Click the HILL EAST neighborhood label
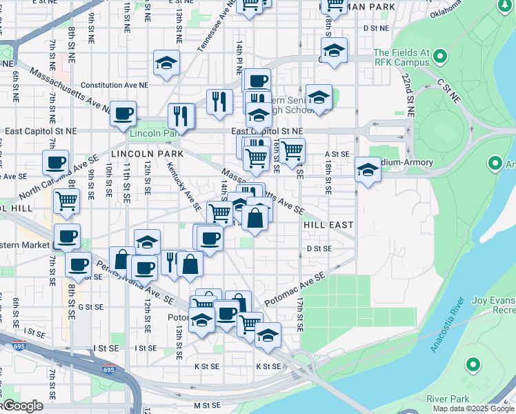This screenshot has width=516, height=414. coord(328,225)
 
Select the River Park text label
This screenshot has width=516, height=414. coord(448,399)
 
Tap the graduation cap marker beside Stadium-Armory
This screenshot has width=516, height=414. coord(368,170)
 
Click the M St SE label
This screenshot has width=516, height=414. coord(206,405)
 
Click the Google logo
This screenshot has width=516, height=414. coord(22,406)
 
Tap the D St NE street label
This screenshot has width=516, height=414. coord(376,28)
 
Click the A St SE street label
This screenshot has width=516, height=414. coord(337,155)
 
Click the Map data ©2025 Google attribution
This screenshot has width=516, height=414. coord(473,408)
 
